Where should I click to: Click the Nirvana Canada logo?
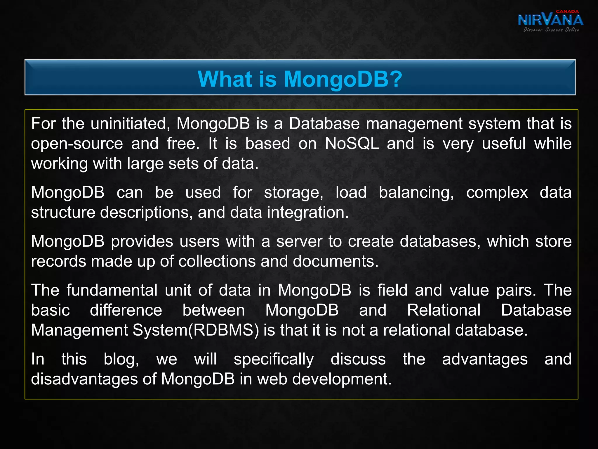pyautogui.click(x=550, y=20)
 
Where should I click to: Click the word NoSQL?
pyautogui.click(x=352, y=144)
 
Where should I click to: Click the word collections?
pyautogui.click(x=217, y=261)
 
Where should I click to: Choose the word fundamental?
pyautogui.click(x=112, y=290)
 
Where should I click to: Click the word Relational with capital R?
pyautogui.click(x=444, y=310)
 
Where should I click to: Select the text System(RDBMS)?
pyautogui.click(x=196, y=330)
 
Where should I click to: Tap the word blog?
pyautogui.click(x=121, y=359)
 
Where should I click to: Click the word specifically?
pyautogui.click(x=274, y=360)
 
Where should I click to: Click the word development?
pyautogui.click(x=342, y=379)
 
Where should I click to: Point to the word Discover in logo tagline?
pyautogui.click(x=533, y=30)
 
